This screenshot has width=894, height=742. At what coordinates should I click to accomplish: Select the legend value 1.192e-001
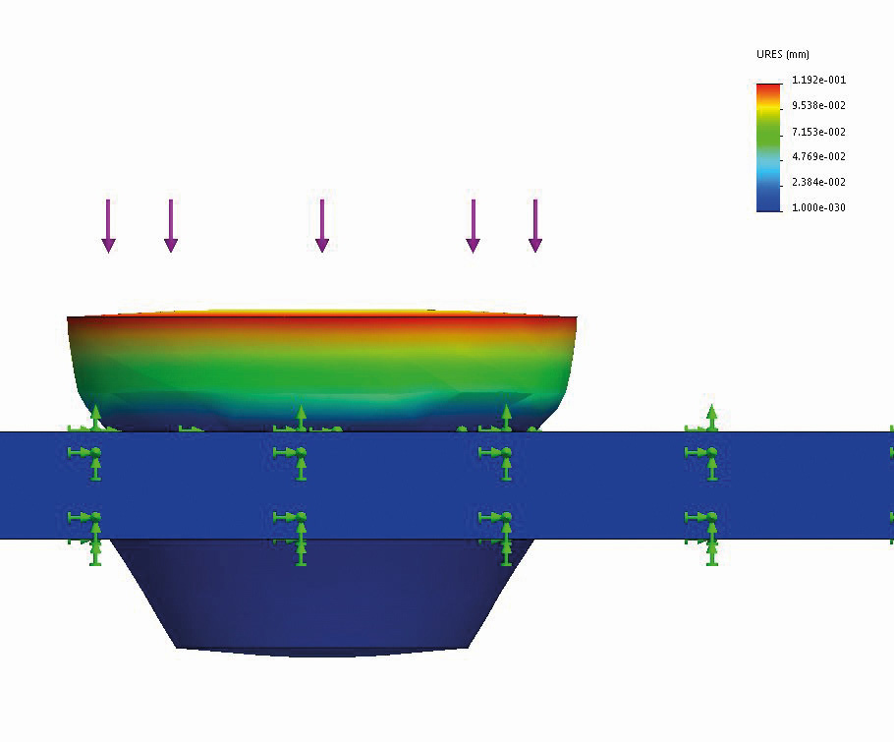point(818,80)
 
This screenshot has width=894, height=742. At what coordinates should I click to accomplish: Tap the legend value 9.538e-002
point(818,105)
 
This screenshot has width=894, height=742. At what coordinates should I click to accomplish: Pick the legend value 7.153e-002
point(818,132)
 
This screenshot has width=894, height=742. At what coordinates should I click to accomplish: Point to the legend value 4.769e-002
point(818,156)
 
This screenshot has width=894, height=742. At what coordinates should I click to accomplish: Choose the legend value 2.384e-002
point(818,182)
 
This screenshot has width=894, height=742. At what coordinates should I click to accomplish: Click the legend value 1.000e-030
point(818,207)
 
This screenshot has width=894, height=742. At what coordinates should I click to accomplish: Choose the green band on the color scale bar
point(768,133)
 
